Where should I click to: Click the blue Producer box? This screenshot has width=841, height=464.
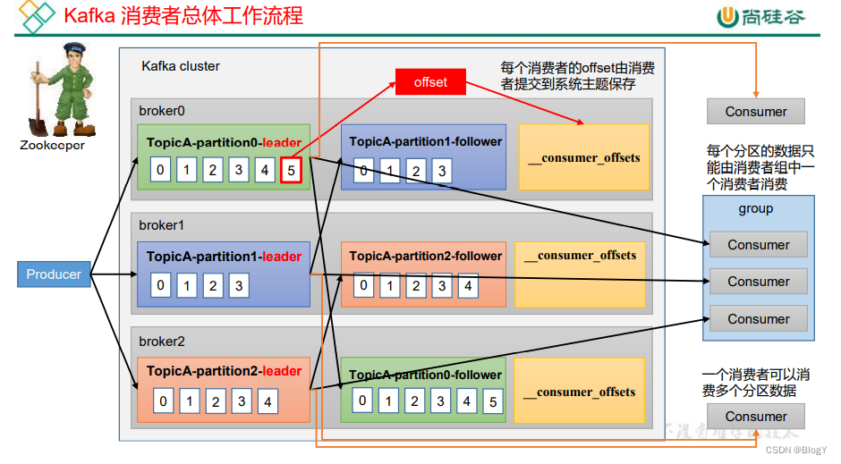[54, 274]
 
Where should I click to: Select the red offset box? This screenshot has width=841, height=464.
[430, 82]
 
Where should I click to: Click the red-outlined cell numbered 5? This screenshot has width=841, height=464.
[290, 168]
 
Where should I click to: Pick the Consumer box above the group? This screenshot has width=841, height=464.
[756, 112]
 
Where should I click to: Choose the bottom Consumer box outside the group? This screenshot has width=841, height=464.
[756, 416]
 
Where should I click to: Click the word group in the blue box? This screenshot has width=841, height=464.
[756, 208]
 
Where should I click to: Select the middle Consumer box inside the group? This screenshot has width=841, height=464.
[759, 281]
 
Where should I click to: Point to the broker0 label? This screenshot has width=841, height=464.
[162, 111]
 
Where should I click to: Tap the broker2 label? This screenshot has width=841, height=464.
[162, 342]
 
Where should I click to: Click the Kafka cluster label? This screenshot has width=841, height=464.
[181, 66]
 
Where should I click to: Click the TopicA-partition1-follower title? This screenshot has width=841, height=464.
[426, 141]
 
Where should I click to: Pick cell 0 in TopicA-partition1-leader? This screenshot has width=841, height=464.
[161, 286]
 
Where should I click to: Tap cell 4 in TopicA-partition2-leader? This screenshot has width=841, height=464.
[268, 401]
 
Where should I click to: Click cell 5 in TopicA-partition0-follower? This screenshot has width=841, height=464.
[492, 401]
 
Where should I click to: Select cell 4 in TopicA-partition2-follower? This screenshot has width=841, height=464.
[467, 287]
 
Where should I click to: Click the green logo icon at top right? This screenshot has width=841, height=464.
[729, 16]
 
